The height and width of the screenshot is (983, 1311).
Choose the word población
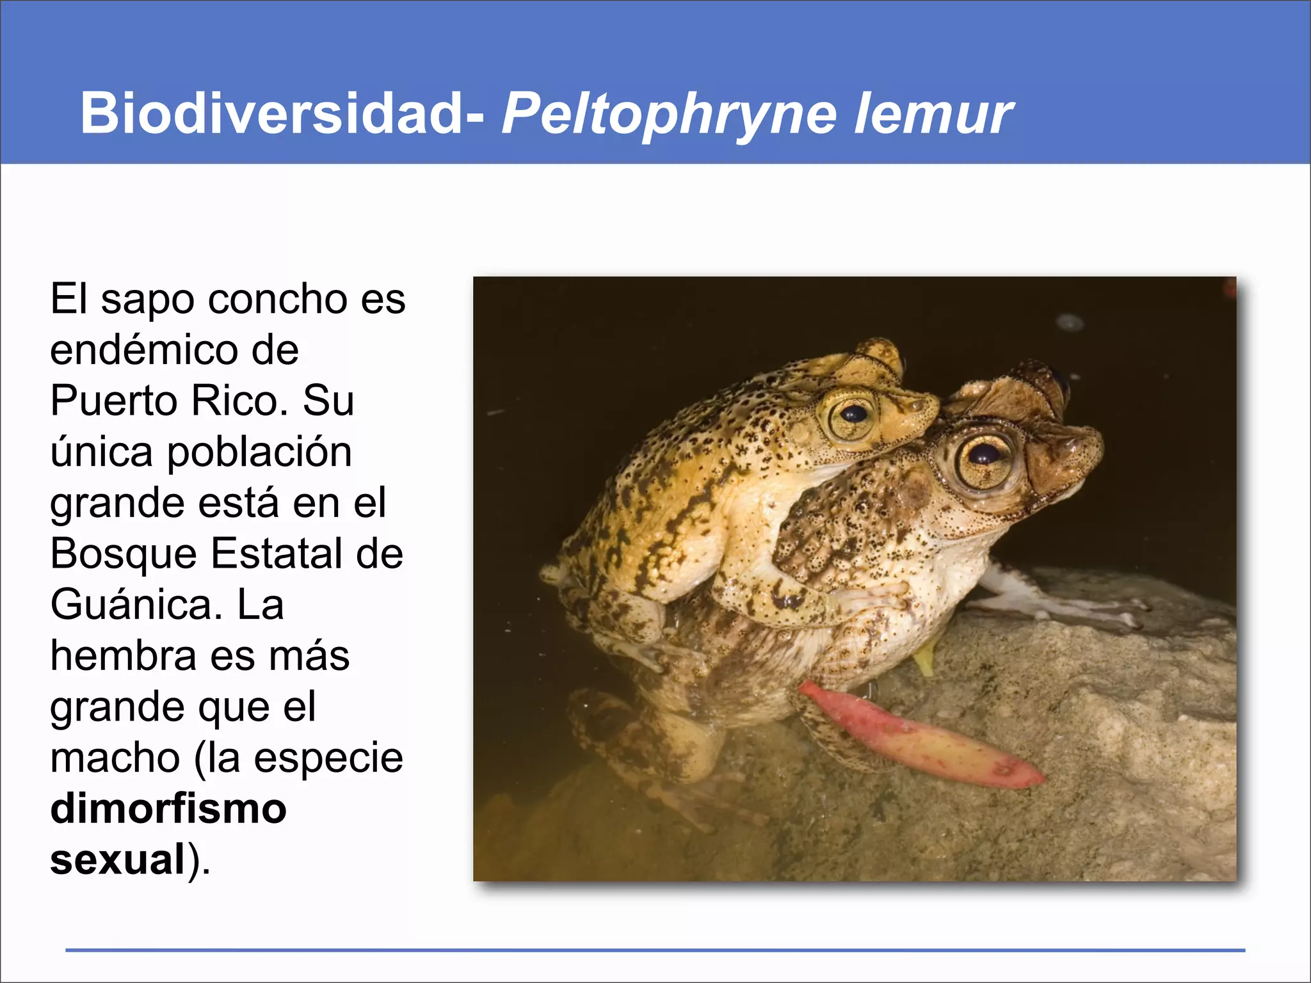259,452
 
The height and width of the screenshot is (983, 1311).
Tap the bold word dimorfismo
168,809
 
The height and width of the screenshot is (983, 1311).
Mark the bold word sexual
118,859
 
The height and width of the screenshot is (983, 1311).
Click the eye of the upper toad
853,415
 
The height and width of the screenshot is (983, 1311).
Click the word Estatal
279,554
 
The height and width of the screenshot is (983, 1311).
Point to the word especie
328,758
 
